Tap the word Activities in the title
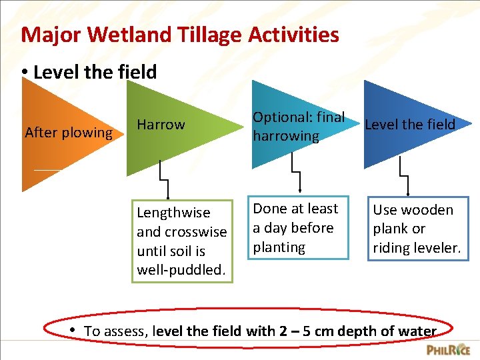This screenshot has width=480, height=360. [290, 34]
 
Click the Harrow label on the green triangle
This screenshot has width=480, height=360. [161, 125]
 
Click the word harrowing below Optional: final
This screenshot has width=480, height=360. [285, 137]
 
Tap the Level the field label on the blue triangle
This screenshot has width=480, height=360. [410, 124]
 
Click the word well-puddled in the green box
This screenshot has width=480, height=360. [180, 270]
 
